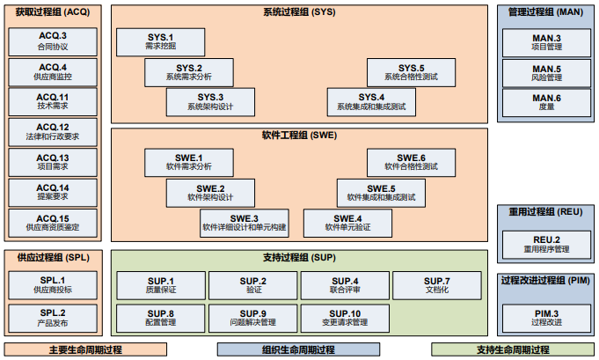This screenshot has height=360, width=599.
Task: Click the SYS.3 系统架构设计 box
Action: pos(209,101)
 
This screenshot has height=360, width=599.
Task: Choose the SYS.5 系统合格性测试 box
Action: pos(411,72)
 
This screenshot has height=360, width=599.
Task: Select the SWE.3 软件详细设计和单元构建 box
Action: pos(244,223)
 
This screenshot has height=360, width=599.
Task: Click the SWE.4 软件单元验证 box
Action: pos(347,223)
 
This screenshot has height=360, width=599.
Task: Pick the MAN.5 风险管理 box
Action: pos(546,72)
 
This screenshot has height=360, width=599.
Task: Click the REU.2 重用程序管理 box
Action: pos(546,245)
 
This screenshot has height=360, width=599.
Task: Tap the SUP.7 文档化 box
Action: pos(437,285)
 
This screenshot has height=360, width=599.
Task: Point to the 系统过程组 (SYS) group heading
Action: pos(298,12)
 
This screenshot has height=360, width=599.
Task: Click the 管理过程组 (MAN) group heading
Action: pos(546,12)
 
